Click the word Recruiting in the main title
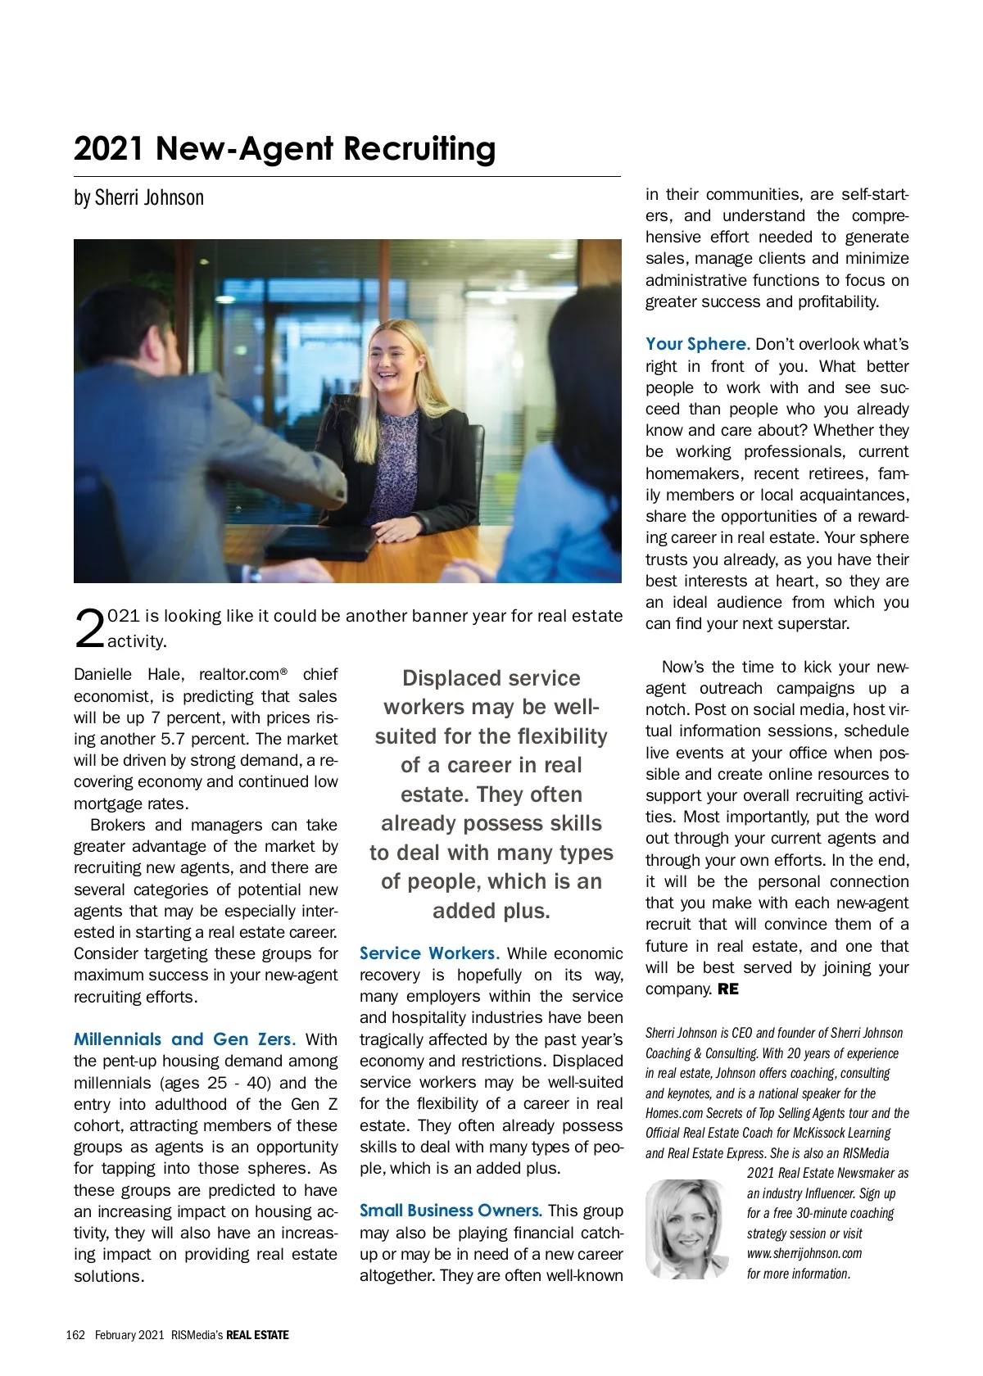(x=419, y=149)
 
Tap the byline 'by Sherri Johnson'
(x=138, y=198)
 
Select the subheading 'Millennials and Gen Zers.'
(x=184, y=1039)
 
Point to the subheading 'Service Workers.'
(x=429, y=953)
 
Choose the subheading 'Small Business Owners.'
(x=451, y=1211)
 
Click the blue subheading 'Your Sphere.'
(x=697, y=344)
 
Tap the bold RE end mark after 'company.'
(x=728, y=989)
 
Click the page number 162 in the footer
(x=75, y=1335)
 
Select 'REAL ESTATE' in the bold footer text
(x=257, y=1335)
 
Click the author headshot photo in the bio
(x=686, y=1229)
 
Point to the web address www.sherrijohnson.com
(x=804, y=1253)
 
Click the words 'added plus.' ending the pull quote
(x=491, y=911)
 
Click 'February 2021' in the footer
(x=129, y=1335)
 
